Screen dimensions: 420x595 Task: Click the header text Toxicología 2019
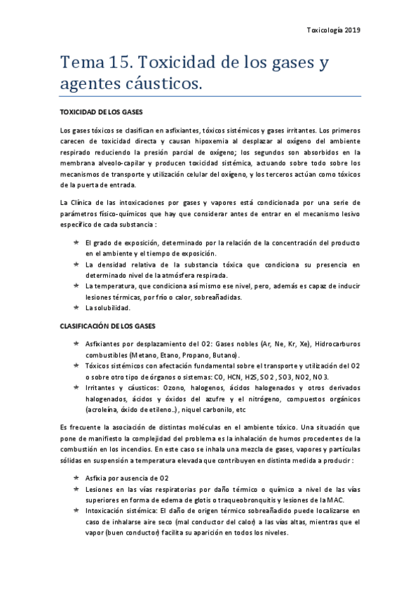334,30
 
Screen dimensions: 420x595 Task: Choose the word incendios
151,450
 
